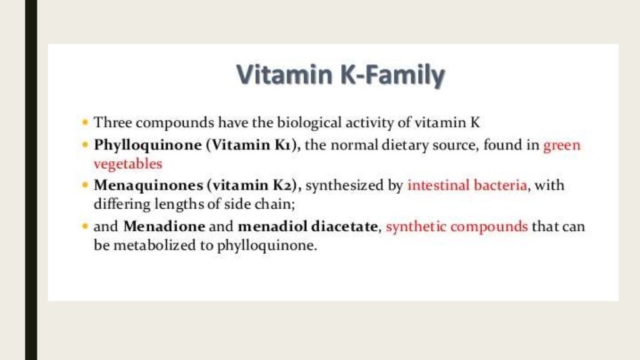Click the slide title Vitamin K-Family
[341, 76]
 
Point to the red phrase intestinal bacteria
[466, 186]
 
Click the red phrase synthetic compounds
[457, 226]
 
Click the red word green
[562, 146]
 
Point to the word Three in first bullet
[109, 122]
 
